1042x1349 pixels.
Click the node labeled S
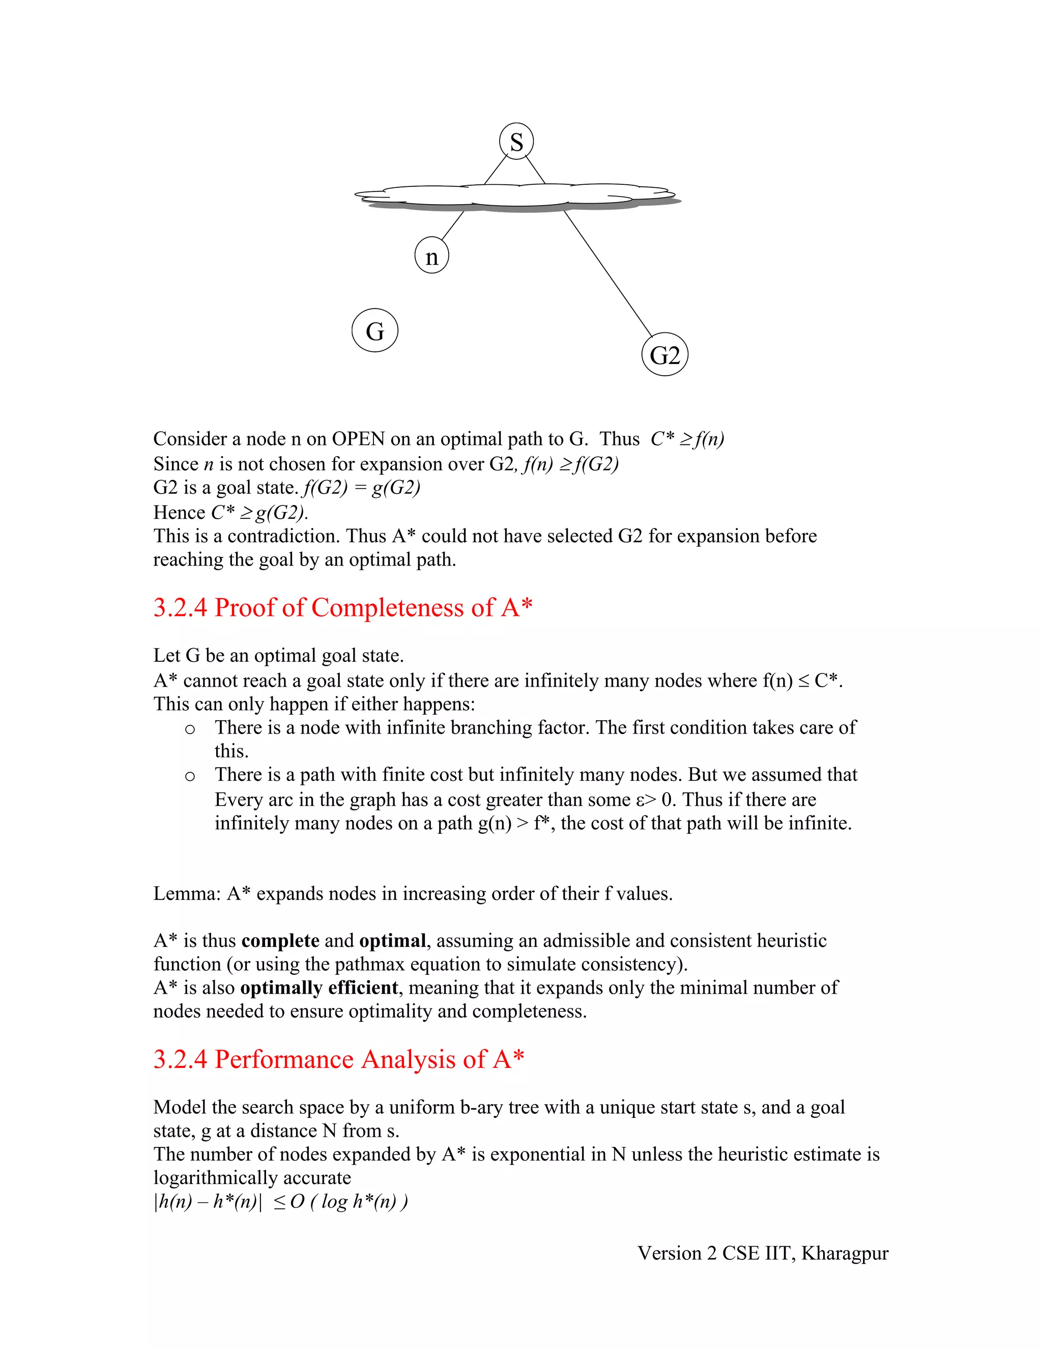[516, 142]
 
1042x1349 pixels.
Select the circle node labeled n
[431, 256]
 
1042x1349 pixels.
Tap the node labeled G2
[665, 355]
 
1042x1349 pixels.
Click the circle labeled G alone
[374, 331]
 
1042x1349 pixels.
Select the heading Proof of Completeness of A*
[342, 608]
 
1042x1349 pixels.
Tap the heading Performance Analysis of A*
[338, 1059]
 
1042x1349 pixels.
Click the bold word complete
[280, 941]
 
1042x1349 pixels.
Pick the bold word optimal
[393, 941]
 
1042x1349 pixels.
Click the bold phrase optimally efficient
[319, 988]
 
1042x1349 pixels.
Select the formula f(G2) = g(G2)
[361, 488]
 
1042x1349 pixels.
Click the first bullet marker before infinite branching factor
[190, 729]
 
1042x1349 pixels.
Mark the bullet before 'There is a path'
[190, 776]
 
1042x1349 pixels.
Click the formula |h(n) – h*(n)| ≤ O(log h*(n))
[281, 1201]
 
